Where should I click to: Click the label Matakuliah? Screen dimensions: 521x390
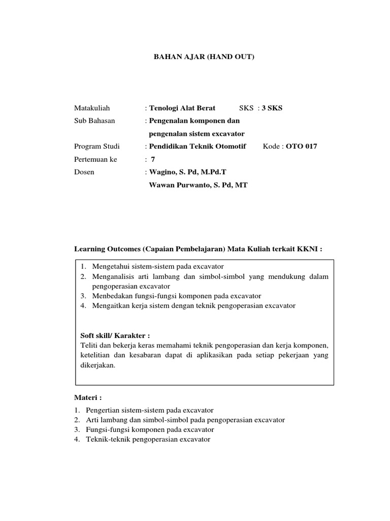92,108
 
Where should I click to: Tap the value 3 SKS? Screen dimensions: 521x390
272,108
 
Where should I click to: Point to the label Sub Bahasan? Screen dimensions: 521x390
94,121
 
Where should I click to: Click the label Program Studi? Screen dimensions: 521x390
97,147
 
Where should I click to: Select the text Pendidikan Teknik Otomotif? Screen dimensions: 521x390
198,147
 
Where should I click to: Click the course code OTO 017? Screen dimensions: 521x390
302,147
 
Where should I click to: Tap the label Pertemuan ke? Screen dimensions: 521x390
95,159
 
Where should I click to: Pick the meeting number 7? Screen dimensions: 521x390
153,159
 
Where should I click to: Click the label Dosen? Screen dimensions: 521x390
84,172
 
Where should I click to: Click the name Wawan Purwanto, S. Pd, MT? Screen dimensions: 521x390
198,185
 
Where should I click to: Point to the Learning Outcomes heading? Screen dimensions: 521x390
199,249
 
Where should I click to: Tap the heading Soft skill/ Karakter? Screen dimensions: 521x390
116,336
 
